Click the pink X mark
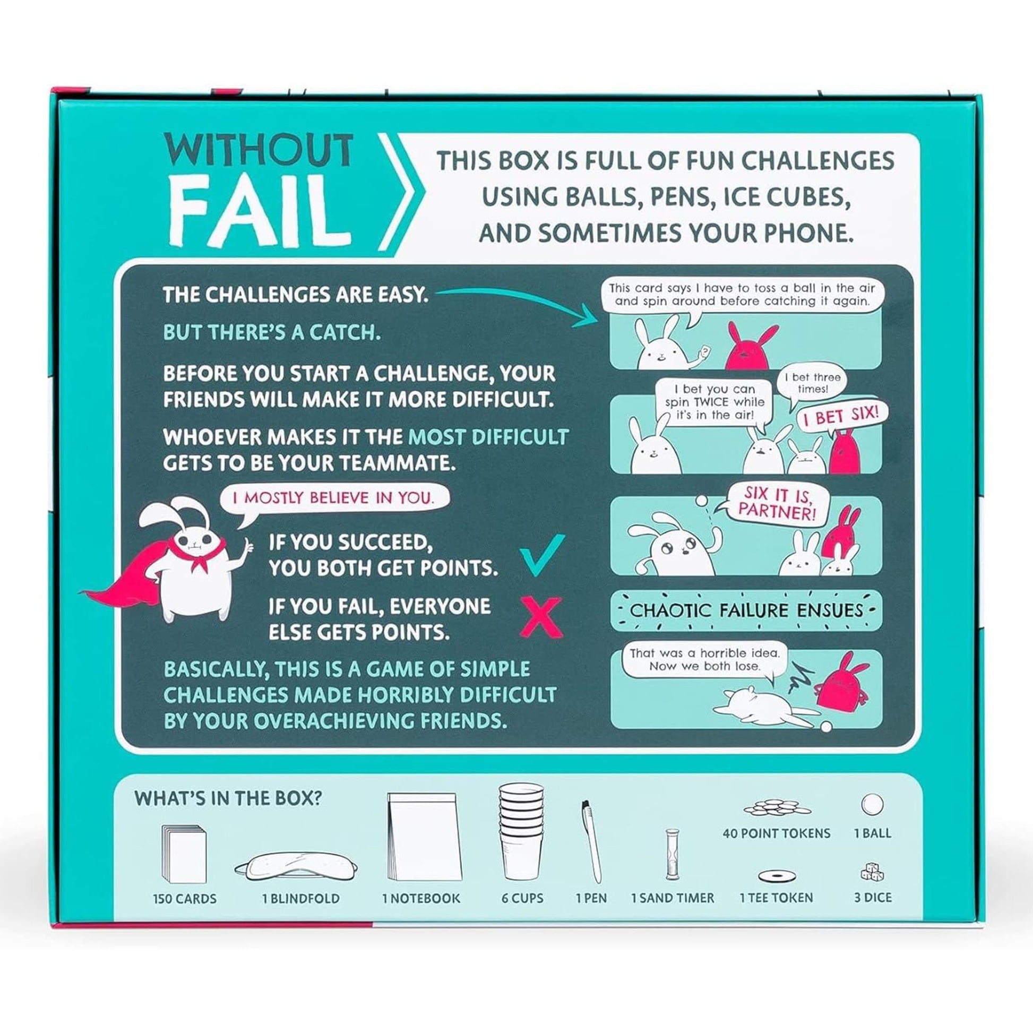(x=542, y=617)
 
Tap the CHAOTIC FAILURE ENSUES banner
(x=746, y=610)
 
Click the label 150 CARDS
(x=185, y=898)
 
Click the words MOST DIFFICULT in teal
(x=488, y=437)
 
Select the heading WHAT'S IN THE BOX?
(x=228, y=798)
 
